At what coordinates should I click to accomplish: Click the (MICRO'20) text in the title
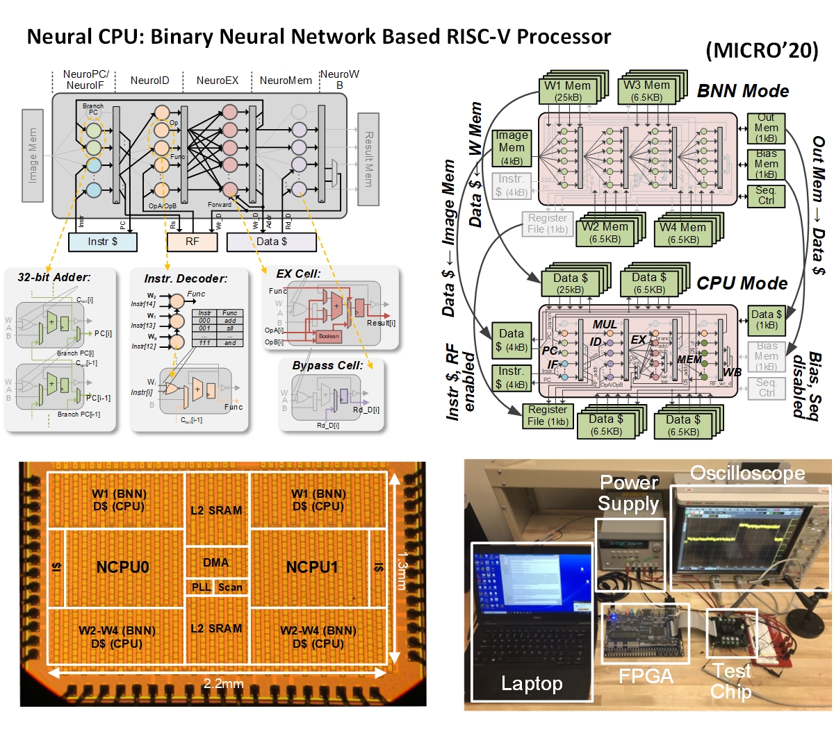coord(762,51)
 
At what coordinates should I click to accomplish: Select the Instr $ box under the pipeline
coord(103,242)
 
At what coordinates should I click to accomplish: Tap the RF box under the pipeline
coord(192,242)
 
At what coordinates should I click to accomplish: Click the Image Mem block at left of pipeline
coord(33,156)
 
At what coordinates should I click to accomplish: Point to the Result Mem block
coord(368,159)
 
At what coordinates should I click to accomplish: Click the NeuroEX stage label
coord(217,81)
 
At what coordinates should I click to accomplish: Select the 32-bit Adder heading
coord(54,277)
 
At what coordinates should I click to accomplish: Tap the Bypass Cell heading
coord(327,365)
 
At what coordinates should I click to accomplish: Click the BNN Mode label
coord(742,91)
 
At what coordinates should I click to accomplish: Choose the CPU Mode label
coord(742,283)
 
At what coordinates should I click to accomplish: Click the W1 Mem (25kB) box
coord(567,91)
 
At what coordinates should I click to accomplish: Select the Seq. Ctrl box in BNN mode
coord(766,195)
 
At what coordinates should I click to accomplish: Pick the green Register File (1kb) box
coord(548,415)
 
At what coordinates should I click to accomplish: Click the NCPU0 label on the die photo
coord(122,567)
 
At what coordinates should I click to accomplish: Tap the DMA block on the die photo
coord(215,562)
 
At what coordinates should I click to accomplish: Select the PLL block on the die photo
coord(201,587)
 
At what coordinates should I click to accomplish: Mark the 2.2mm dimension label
coord(223,684)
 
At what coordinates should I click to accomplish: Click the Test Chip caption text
coord(731,681)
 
